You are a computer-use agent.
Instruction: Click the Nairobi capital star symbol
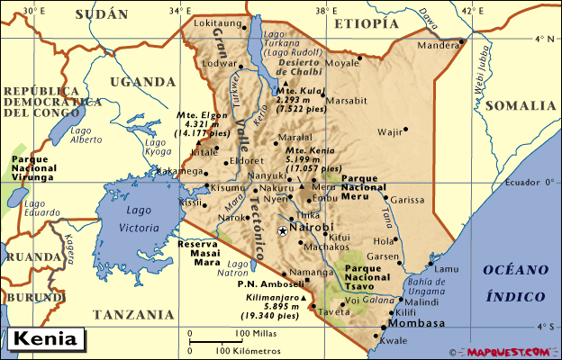tap(283, 231)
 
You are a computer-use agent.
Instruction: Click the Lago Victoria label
tap(136, 220)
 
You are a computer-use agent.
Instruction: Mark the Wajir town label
tap(388, 132)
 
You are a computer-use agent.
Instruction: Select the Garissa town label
tap(408, 199)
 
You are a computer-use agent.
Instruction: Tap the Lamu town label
tap(446, 269)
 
